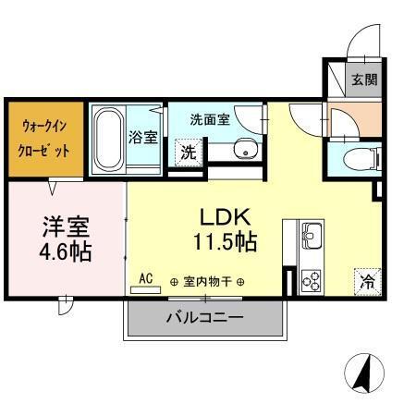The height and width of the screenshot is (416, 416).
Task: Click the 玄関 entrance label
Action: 363,80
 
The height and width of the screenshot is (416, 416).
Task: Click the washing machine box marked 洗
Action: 189,153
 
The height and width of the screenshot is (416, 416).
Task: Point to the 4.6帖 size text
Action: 66,251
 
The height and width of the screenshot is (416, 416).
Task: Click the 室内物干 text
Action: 206,281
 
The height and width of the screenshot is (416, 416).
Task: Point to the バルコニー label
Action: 204,317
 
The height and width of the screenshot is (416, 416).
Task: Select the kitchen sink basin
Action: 311,231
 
